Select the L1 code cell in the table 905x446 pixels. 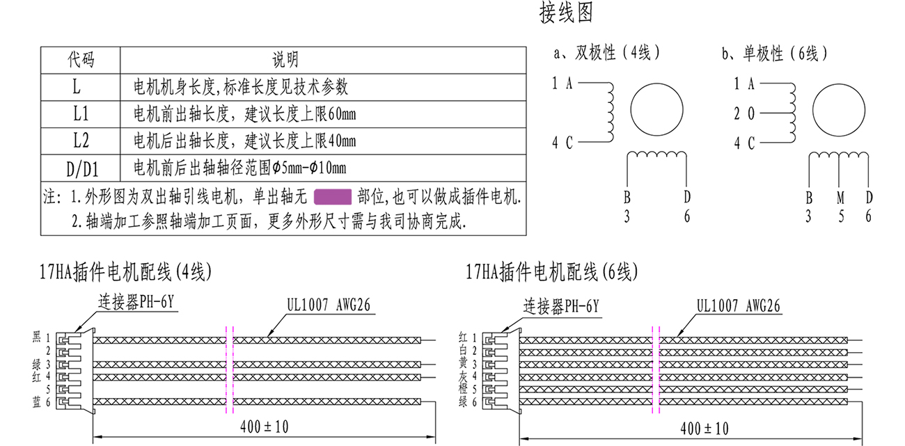(81, 114)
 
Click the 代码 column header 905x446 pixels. (81, 59)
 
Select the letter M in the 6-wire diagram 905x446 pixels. (840, 198)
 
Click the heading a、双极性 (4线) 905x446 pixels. (606, 53)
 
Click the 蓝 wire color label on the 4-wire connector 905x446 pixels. (36, 402)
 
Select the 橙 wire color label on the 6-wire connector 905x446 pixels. (463, 389)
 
